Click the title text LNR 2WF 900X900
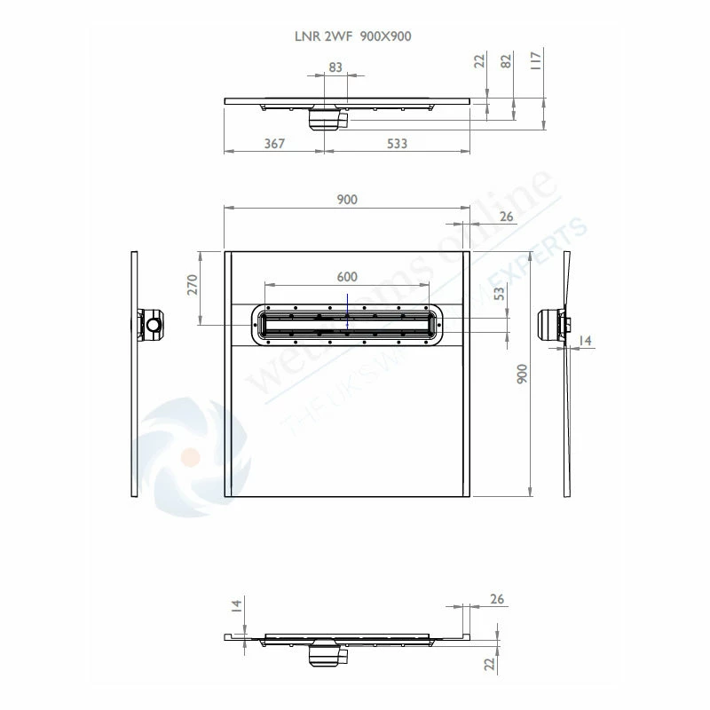[352, 35]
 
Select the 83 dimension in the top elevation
[335, 67]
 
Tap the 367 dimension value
[274, 143]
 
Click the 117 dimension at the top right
[535, 61]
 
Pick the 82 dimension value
[507, 61]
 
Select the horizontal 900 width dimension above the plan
[347, 200]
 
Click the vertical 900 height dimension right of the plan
[523, 374]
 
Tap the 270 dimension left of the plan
[192, 284]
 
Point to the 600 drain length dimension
[347, 276]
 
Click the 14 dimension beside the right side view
[585, 341]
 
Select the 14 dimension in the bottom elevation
[236, 606]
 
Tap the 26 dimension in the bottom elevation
[496, 600]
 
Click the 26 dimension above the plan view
[506, 217]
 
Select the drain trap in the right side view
[555, 324]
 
